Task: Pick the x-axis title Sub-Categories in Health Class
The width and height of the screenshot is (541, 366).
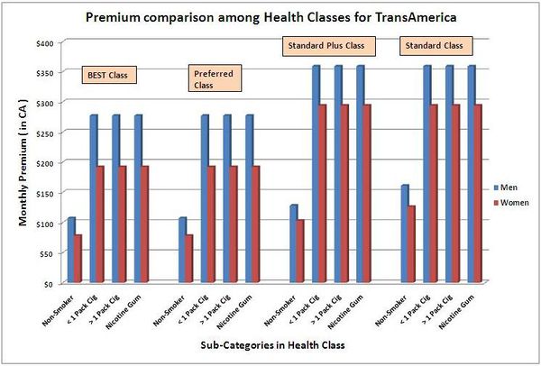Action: pos(270,345)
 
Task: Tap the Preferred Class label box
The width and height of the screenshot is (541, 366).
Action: pos(213,79)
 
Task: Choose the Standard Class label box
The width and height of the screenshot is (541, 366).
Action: pos(435,44)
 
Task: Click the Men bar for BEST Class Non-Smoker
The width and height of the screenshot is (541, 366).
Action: pos(71,250)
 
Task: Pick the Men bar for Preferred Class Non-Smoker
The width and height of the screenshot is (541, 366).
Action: pos(183,250)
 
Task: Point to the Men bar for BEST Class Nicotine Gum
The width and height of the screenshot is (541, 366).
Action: pos(138,198)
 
